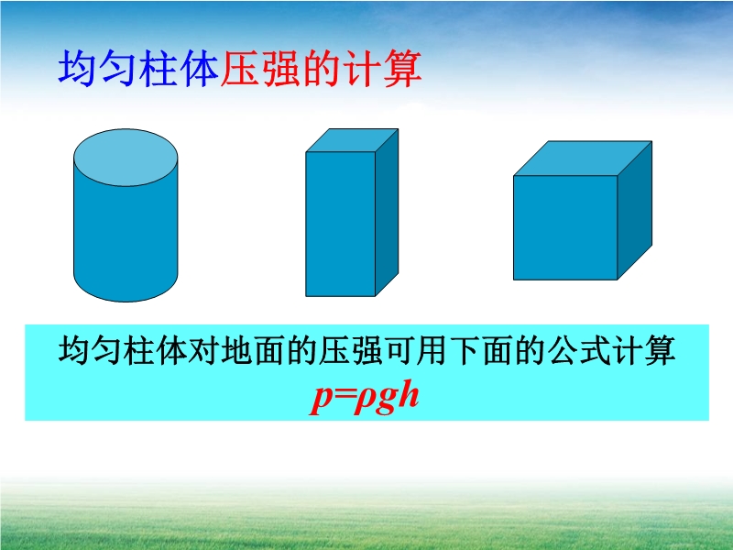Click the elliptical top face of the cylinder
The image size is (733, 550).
point(126,157)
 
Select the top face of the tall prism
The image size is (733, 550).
point(352,140)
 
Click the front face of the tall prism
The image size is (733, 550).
point(340,224)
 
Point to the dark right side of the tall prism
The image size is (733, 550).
point(387,213)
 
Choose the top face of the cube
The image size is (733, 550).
point(583,159)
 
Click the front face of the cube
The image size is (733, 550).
point(565,227)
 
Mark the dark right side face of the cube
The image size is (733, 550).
point(635,211)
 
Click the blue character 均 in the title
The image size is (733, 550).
point(78,68)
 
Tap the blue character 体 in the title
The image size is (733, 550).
point(200,68)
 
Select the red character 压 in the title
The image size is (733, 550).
point(240,68)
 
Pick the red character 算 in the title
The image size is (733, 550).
point(402,68)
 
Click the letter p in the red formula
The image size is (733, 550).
point(322,399)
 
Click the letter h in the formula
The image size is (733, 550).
point(409,394)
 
